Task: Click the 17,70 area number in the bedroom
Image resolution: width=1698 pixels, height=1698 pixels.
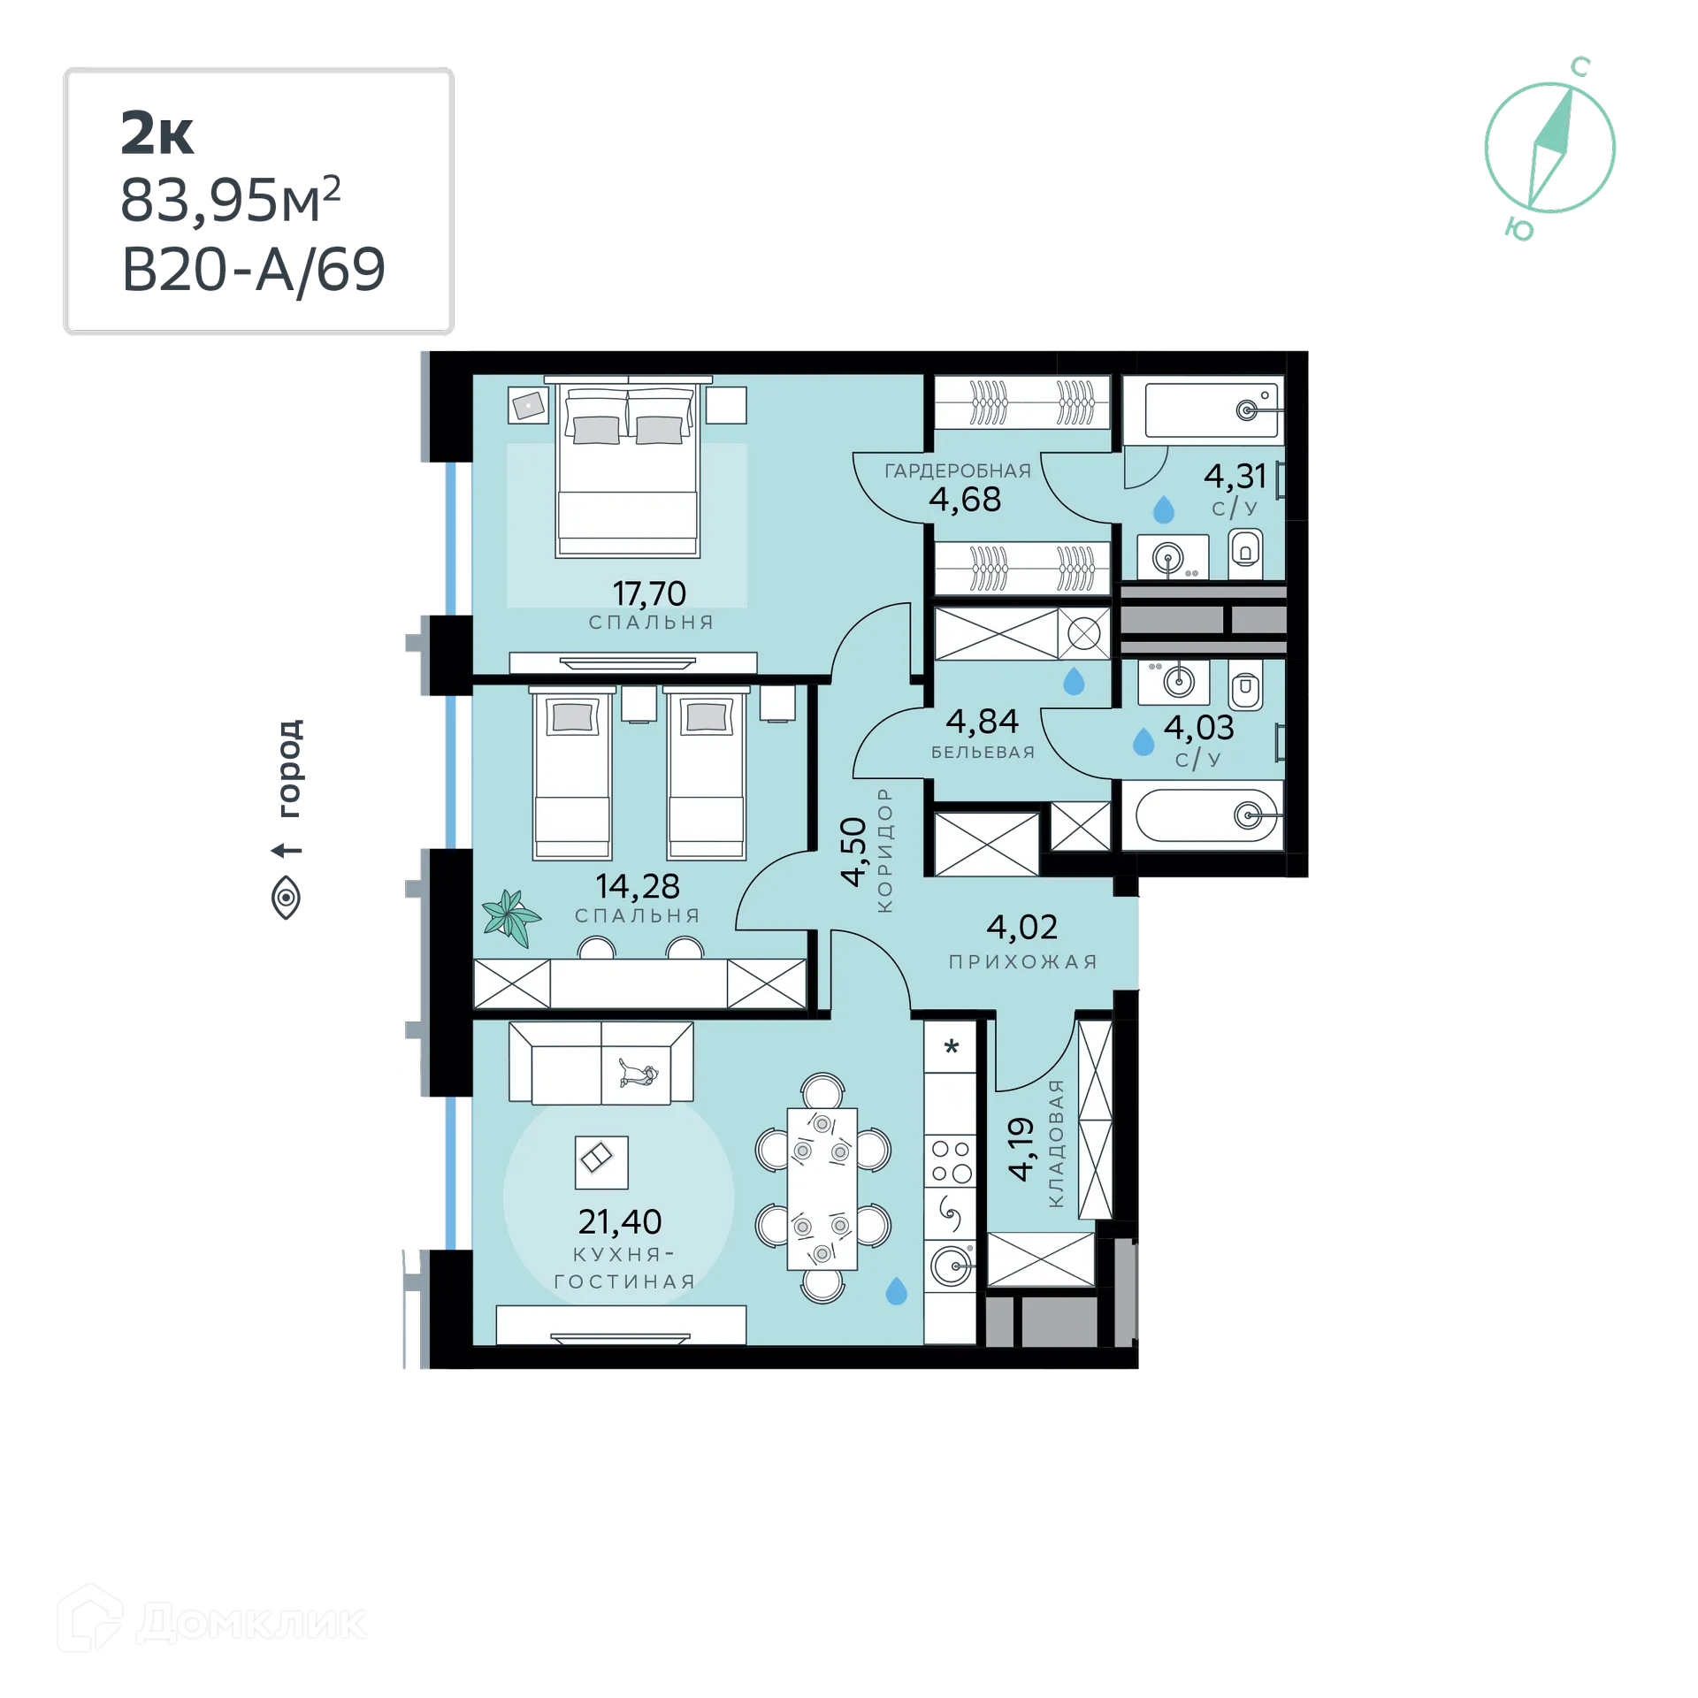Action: click(x=649, y=593)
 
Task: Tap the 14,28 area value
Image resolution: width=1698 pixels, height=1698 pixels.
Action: click(x=637, y=885)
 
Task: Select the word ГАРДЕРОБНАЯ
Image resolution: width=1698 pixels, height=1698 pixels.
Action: click(x=958, y=471)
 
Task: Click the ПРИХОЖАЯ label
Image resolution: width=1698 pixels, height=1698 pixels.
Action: click(x=1022, y=962)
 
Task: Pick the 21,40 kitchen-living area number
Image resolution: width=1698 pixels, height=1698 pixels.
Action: click(x=619, y=1221)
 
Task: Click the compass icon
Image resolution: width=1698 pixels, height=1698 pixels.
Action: click(x=1549, y=149)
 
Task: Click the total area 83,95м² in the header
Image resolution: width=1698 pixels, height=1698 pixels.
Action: click(x=232, y=201)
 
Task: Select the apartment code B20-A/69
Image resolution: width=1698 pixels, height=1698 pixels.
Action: click(x=253, y=269)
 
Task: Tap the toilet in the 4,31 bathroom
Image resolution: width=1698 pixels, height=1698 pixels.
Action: click(x=1246, y=552)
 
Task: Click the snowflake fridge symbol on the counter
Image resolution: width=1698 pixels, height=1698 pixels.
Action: click(x=952, y=1048)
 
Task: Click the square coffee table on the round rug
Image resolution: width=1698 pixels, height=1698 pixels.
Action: click(x=600, y=1162)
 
